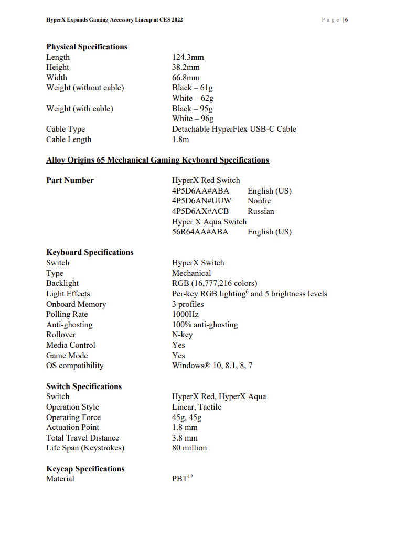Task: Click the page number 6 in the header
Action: point(347,20)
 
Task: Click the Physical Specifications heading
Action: point(87,47)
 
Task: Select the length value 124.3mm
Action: point(188,57)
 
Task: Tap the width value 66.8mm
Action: point(186,78)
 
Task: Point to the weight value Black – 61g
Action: point(193,88)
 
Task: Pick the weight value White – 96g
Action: point(193,119)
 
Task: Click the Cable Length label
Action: point(69,139)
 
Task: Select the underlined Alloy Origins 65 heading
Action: point(157,160)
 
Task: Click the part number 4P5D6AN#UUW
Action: point(202,201)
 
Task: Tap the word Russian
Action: point(261,211)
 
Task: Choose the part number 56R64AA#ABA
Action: point(200,232)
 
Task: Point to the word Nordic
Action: point(259,201)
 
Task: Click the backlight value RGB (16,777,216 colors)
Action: point(215,283)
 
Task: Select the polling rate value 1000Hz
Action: point(186,314)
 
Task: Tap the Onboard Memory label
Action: point(76,304)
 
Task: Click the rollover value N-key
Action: point(183,335)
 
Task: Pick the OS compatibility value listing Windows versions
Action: point(212,366)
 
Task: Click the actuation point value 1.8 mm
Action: point(185,427)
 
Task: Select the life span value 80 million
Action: point(189,448)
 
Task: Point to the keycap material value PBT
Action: point(179,479)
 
